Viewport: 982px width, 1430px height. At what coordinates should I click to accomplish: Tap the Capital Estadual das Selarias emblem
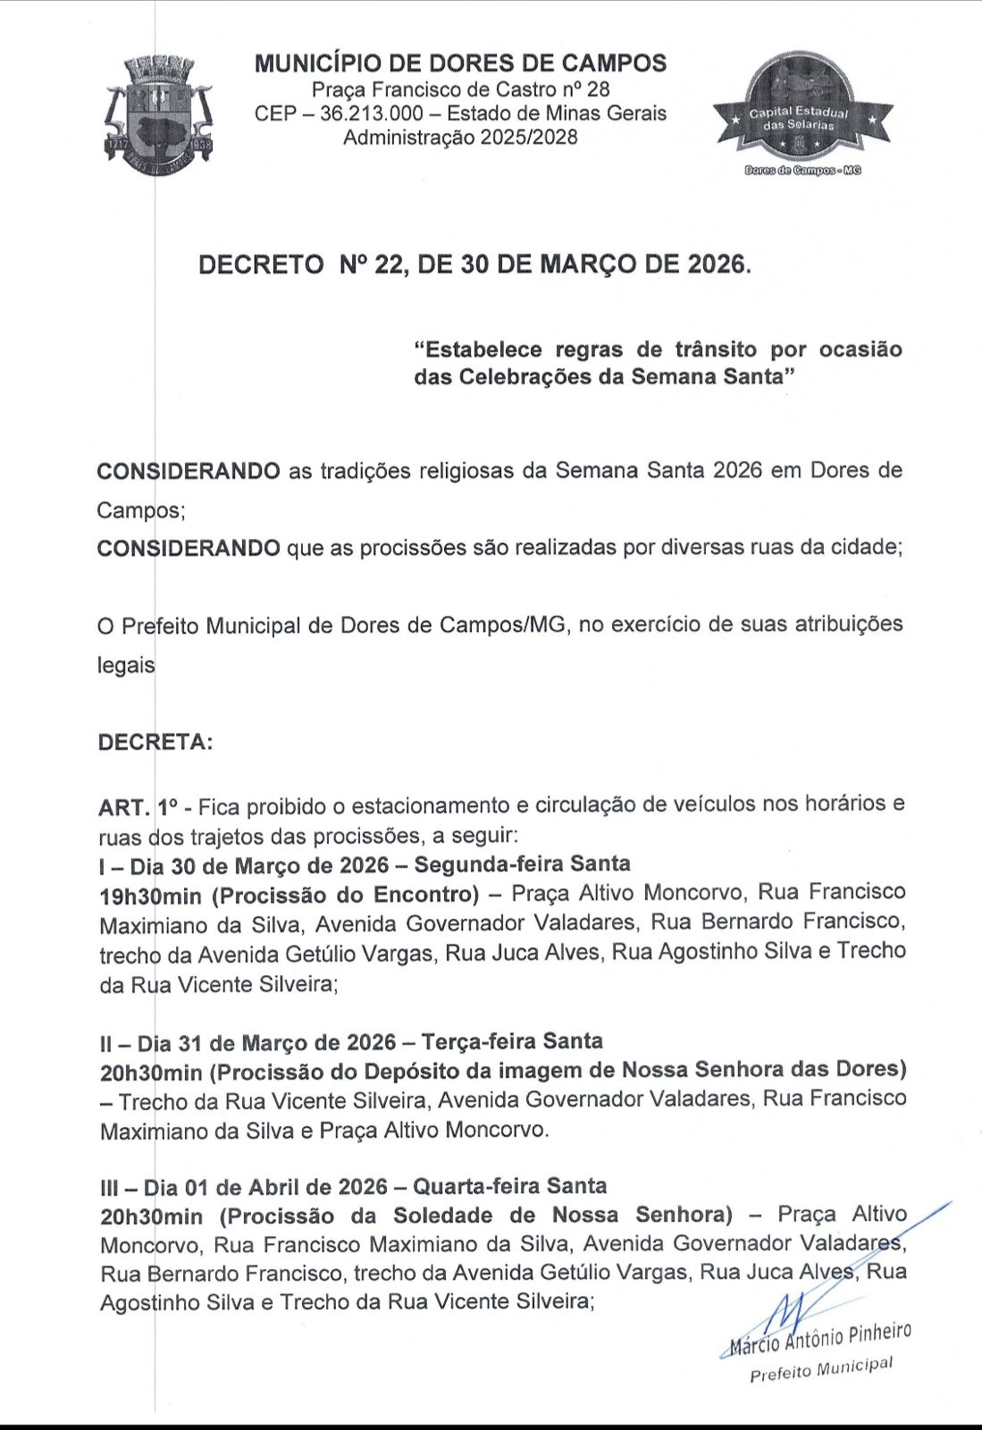(802, 109)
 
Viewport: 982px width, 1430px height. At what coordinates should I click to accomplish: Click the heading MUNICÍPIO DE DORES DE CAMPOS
(460, 63)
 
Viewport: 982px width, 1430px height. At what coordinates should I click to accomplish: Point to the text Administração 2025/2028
(460, 138)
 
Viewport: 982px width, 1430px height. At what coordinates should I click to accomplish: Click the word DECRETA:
(155, 743)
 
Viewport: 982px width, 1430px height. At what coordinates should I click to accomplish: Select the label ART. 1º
(137, 808)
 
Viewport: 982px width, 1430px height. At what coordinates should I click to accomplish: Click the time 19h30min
(151, 896)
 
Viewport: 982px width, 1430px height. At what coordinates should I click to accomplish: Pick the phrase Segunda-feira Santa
(522, 864)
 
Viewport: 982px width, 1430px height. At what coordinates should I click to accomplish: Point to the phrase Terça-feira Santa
(511, 1042)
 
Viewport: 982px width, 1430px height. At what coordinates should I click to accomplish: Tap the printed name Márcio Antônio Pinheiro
(820, 1338)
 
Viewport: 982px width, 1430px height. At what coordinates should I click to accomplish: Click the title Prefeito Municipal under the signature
(820, 1369)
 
